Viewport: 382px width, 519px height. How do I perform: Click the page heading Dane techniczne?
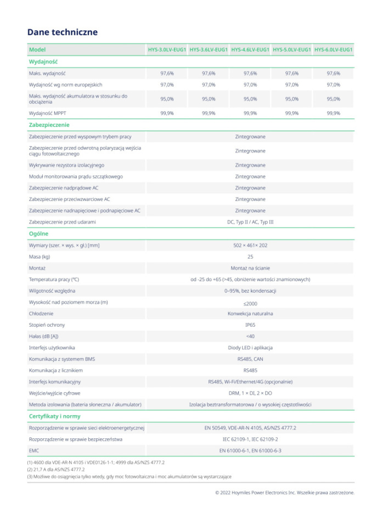pos(63,32)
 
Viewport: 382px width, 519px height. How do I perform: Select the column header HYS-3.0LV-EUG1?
pos(167,50)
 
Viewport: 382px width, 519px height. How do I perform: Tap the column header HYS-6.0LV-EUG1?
pos(333,50)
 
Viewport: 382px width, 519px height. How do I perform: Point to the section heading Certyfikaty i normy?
pos(54,416)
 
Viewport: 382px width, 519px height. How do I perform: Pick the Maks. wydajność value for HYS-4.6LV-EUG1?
pos(250,73)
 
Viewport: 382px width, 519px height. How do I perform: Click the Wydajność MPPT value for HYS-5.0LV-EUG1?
pos(292,113)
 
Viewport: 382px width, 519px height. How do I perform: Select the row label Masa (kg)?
pos(40,256)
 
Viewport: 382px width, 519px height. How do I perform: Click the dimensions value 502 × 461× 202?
pos(250,245)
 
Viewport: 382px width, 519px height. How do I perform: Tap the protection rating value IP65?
pos(250,325)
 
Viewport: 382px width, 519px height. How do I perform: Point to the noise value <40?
pos(250,336)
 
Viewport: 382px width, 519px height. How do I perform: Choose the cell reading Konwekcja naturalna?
pos(250,313)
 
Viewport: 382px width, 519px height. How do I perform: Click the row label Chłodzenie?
pos(41,313)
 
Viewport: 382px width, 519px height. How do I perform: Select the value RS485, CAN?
pos(250,359)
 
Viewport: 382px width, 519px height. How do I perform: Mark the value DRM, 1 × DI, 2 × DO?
pos(250,393)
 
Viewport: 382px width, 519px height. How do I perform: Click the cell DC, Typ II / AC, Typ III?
pos(250,222)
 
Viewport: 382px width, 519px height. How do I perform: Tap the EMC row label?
pos(34,450)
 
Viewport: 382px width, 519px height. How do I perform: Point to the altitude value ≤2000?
pos(250,303)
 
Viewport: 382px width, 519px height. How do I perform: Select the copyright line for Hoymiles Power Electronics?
pos(284,492)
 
